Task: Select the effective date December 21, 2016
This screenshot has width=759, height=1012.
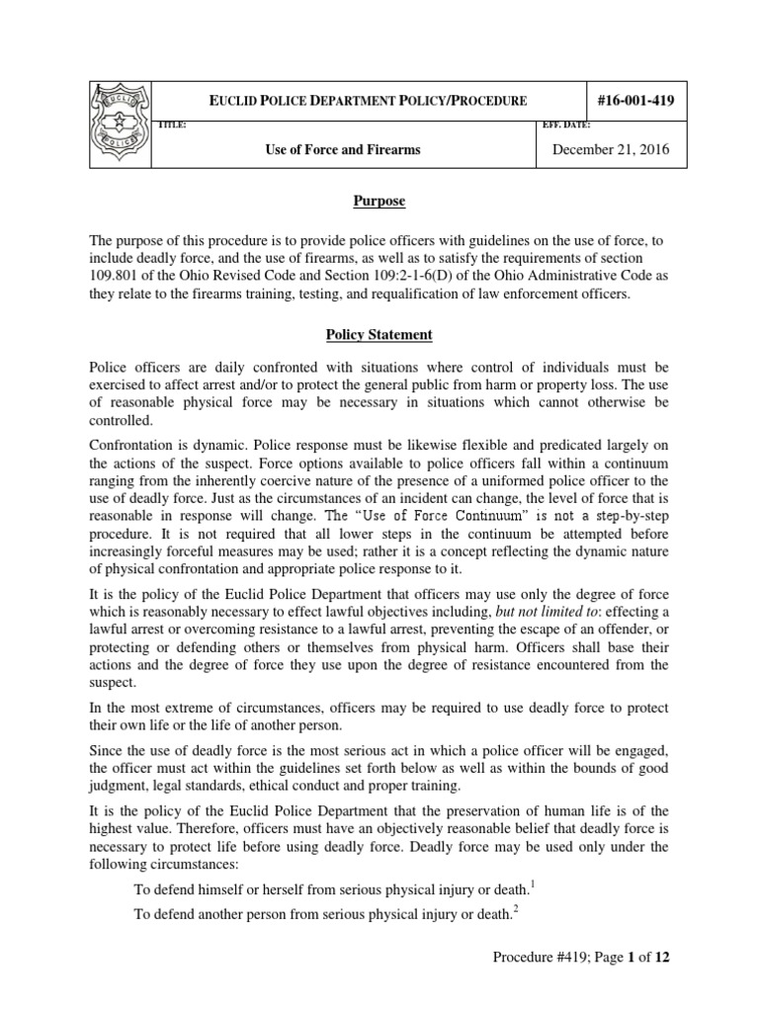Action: (610, 149)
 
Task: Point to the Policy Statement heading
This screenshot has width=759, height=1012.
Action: (380, 336)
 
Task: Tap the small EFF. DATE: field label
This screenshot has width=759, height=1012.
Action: (567, 126)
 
